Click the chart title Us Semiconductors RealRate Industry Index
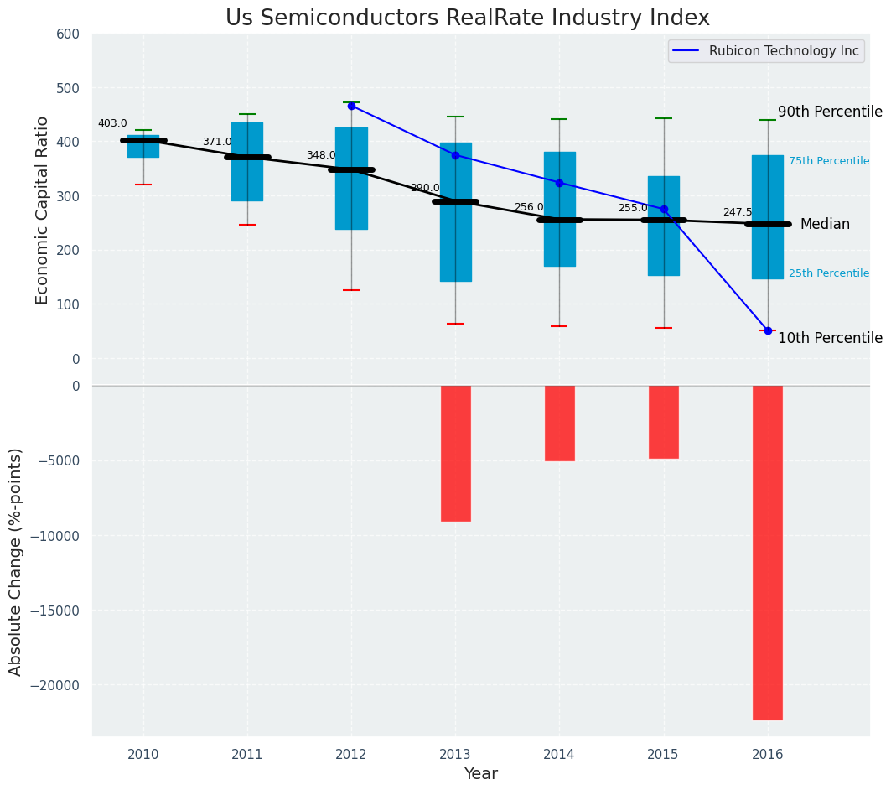tap(467, 18)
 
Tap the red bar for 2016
tap(767, 552)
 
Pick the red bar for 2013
tap(455, 453)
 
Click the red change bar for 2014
tap(559, 423)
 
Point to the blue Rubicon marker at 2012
tap(351, 106)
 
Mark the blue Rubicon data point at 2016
tap(768, 330)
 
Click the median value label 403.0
tap(112, 123)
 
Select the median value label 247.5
tap(738, 212)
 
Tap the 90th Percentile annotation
tap(830, 112)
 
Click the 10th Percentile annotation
tap(830, 338)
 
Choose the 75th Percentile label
tap(828, 161)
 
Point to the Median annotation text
tap(825, 224)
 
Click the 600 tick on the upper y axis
tap(68, 34)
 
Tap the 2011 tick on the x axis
tap(247, 754)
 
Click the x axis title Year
tap(480, 774)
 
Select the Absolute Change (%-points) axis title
tap(16, 561)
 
